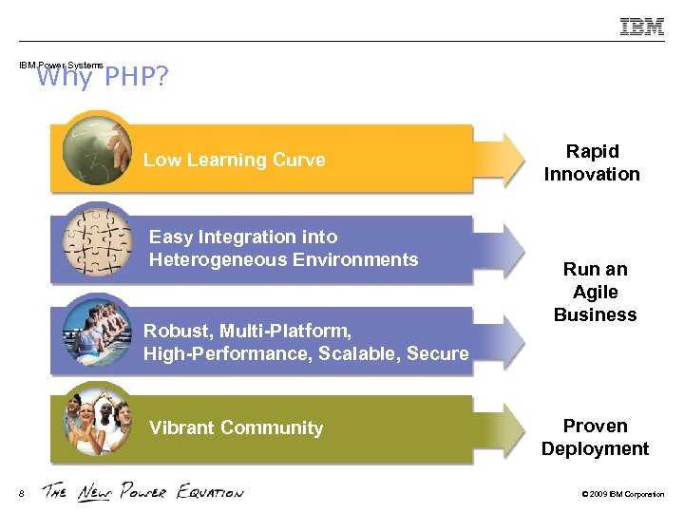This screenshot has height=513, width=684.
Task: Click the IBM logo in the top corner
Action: (x=642, y=27)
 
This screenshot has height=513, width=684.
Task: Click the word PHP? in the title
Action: (x=136, y=77)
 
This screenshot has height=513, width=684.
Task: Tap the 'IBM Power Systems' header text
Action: (x=61, y=66)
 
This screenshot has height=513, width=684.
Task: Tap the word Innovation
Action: (x=592, y=174)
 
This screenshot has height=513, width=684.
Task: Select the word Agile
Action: (x=596, y=292)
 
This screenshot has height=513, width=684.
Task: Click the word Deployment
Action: (x=595, y=448)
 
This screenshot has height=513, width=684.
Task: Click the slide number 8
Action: (x=21, y=492)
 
